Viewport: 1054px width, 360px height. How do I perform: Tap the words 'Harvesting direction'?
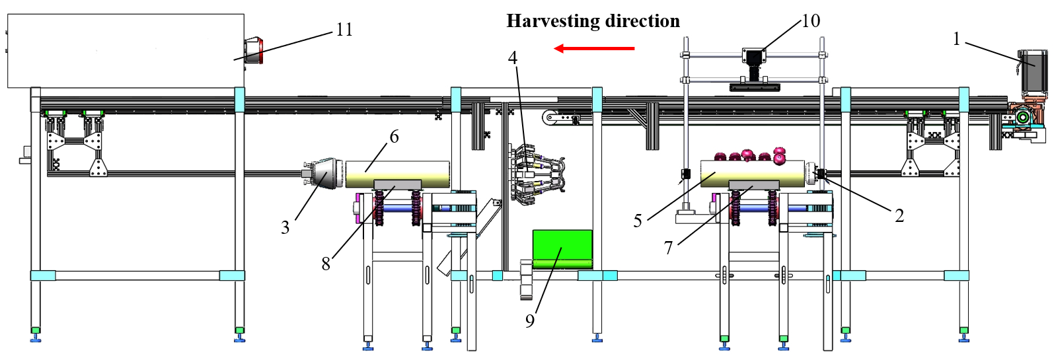[x=593, y=22]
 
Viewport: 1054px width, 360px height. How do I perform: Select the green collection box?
[x=562, y=249]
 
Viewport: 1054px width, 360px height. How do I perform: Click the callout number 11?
[x=344, y=30]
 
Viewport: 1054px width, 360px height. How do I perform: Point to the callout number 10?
[x=810, y=21]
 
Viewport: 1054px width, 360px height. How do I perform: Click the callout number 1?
[x=956, y=39]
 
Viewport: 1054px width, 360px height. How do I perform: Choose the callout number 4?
[x=513, y=58]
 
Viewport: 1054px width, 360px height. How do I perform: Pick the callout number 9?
[x=529, y=321]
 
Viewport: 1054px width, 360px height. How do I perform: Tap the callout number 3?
[x=285, y=228]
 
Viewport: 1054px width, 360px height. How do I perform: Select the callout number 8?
[x=325, y=264]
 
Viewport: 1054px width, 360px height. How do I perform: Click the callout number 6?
[x=394, y=137]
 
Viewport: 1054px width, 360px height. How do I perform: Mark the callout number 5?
[x=637, y=221]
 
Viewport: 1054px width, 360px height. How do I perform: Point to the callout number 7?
[x=668, y=248]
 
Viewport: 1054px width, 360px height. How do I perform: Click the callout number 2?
[x=899, y=216]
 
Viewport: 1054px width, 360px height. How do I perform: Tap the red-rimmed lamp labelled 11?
[x=254, y=51]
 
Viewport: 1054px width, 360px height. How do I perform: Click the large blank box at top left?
[x=126, y=51]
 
